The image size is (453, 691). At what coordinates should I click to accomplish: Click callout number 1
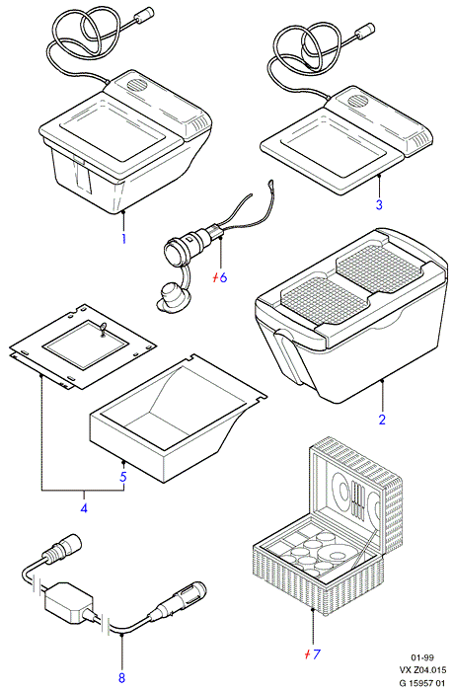123,239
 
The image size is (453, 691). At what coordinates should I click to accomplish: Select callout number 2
382,420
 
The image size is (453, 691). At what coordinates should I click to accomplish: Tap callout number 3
379,204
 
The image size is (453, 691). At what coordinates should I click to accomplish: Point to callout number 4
84,507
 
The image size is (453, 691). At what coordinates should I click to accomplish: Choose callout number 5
123,477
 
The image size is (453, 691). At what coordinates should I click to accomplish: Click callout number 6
223,277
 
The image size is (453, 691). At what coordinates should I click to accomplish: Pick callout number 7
316,653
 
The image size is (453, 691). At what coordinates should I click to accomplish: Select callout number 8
121,676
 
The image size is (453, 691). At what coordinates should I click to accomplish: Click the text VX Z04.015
422,670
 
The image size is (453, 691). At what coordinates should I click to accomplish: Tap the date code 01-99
422,658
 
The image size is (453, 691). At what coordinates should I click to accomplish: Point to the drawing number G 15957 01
422,683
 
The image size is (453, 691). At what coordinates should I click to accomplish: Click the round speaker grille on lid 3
358,101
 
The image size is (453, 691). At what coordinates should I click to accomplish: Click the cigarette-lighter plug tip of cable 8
197,588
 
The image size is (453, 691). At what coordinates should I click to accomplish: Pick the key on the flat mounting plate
103,329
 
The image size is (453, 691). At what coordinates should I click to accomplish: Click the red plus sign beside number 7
307,654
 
